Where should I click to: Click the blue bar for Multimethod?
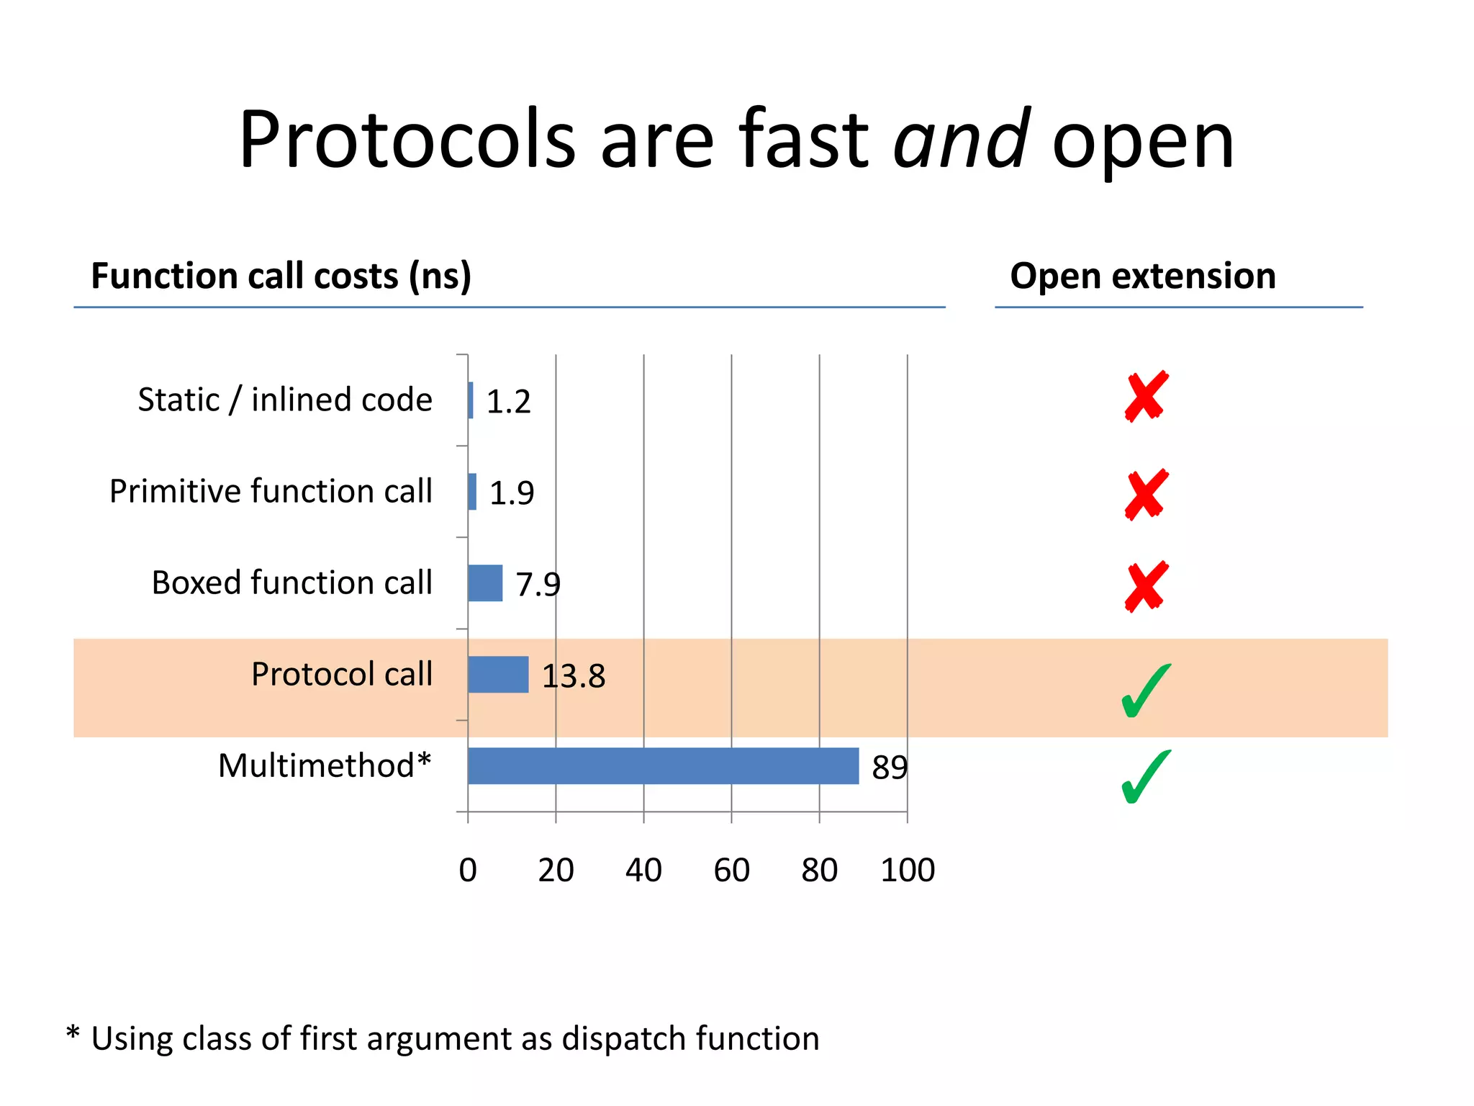point(662,765)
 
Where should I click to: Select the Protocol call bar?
point(498,675)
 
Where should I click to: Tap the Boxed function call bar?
point(485,583)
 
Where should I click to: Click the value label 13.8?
point(573,677)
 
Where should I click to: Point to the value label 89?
point(889,768)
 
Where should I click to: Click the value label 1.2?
point(508,402)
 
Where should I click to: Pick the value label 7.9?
point(538,585)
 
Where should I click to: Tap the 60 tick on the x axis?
point(731,871)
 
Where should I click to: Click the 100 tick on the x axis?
point(907,871)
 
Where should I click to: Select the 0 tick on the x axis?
point(468,871)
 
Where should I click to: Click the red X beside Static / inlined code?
point(1146,397)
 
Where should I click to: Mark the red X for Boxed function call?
point(1146,586)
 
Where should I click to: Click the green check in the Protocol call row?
point(1145,691)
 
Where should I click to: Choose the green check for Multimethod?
point(1145,777)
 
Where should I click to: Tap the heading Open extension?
point(1142,276)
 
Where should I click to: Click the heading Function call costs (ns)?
point(281,276)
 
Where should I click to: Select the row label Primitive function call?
point(271,492)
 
